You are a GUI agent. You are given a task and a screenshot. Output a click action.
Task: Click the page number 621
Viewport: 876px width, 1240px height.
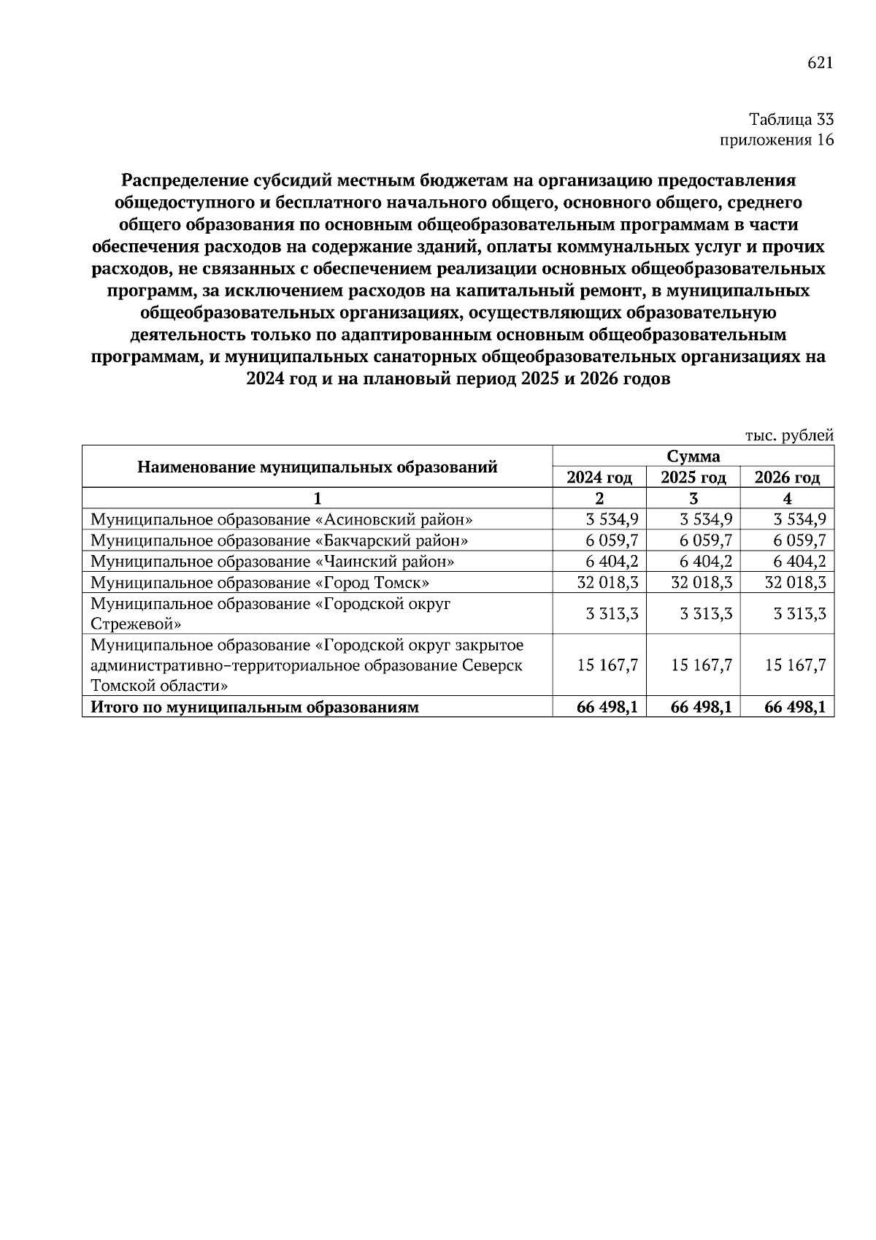tap(820, 64)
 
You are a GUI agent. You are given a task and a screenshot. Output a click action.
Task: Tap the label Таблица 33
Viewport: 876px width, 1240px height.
tap(791, 119)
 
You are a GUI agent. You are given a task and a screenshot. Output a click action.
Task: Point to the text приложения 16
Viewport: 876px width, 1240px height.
tap(777, 140)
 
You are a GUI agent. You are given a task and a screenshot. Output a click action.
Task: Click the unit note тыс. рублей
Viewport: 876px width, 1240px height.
tap(789, 436)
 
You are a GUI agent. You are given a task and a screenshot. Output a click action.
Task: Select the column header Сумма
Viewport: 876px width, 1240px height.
tap(693, 456)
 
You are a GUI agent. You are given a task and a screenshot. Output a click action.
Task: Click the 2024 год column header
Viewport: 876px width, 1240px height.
tap(599, 478)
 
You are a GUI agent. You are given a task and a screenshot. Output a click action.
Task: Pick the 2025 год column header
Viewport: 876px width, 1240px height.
tap(693, 478)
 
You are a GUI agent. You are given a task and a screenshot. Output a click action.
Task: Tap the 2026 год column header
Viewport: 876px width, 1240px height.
tap(787, 478)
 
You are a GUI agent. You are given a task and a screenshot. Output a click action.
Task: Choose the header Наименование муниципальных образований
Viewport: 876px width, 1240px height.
tap(318, 467)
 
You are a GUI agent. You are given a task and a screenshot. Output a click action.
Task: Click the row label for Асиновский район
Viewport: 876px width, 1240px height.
tap(282, 520)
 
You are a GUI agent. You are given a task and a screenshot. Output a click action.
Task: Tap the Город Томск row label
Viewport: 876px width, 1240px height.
tap(260, 583)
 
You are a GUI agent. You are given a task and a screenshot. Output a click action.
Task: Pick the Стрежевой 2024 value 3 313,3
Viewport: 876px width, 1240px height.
tap(612, 613)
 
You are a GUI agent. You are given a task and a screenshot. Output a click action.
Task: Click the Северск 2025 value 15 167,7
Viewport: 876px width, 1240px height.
tap(702, 665)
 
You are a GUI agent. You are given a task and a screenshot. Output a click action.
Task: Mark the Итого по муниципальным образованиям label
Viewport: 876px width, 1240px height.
tap(255, 707)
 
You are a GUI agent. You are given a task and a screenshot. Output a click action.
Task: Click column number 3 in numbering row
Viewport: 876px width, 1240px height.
tap(693, 499)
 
